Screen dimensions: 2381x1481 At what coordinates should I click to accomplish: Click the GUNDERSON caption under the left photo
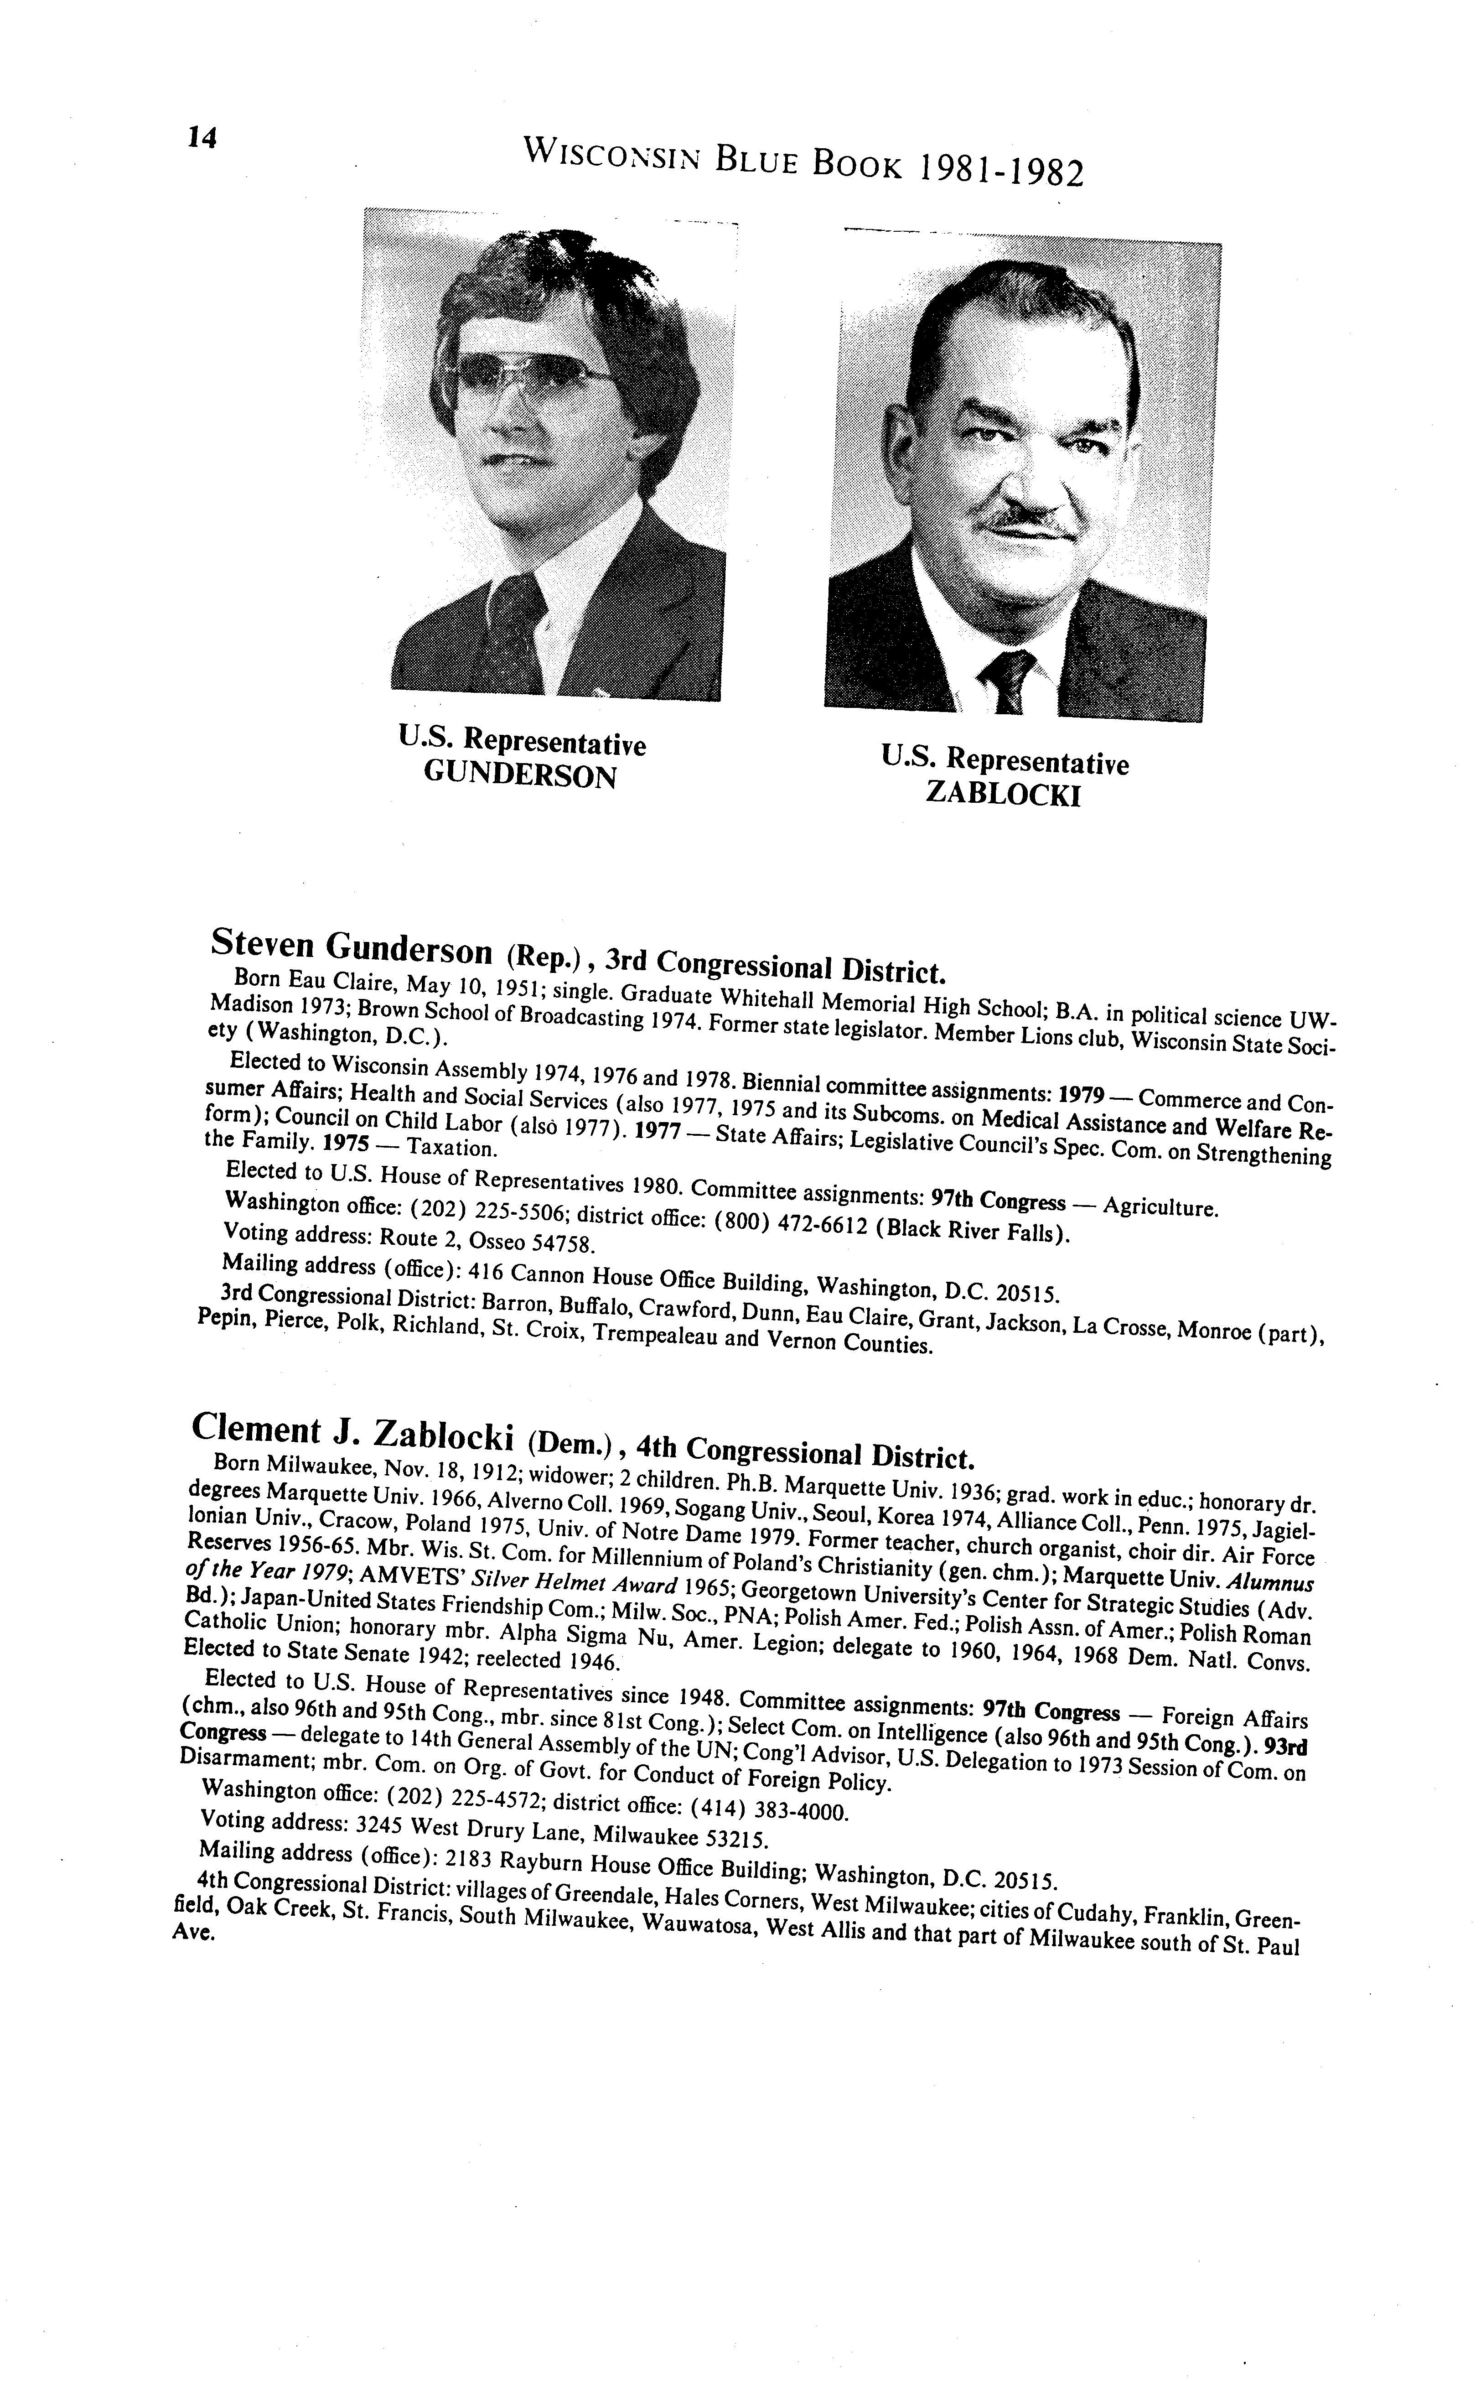(520, 777)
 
